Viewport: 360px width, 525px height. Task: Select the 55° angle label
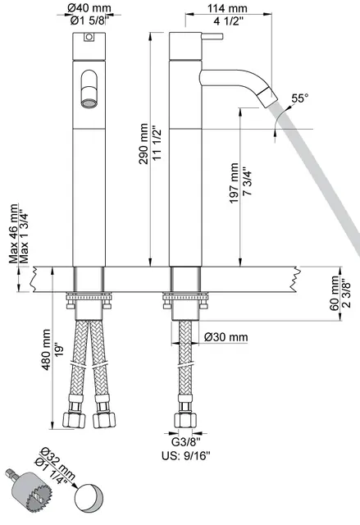pyautogui.click(x=299, y=99)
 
